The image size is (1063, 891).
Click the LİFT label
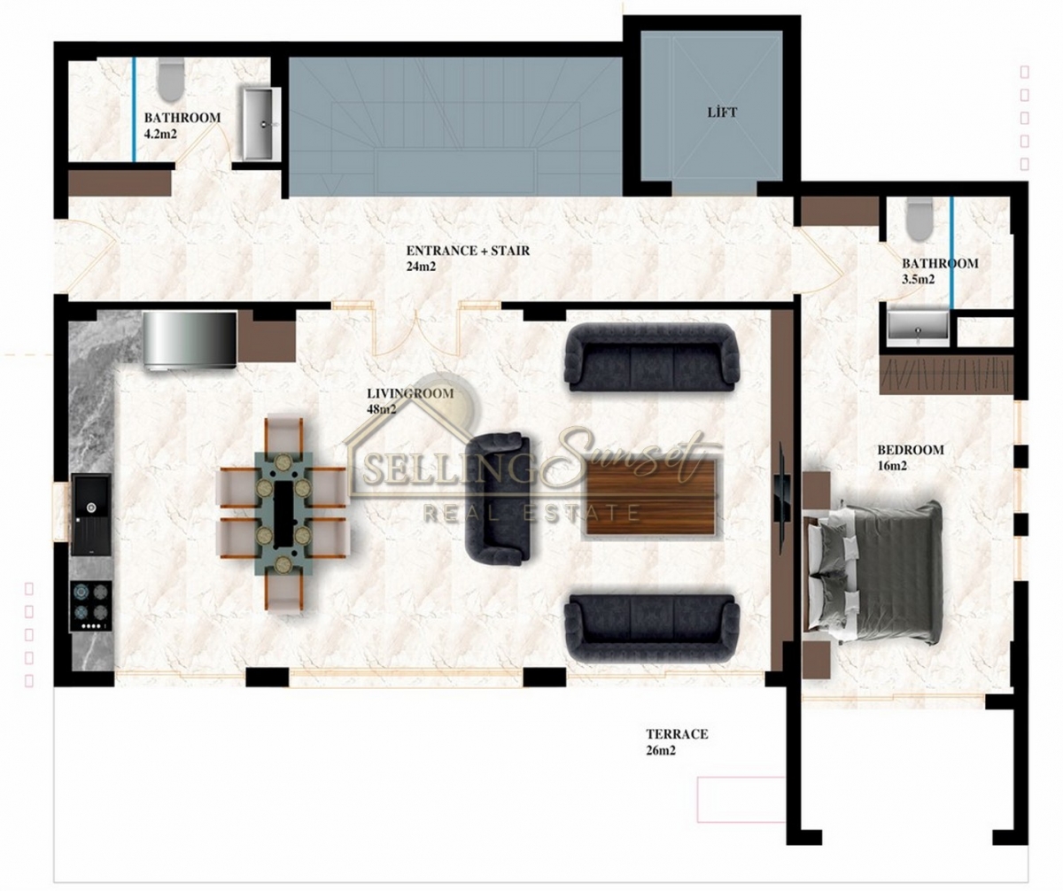coord(722,112)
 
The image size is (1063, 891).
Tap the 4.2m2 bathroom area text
coord(160,134)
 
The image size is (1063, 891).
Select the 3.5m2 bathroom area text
coord(918,280)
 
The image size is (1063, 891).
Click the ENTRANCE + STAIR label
coord(468,251)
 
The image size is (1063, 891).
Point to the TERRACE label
coord(677,733)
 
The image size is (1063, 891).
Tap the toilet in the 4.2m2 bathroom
coord(170,79)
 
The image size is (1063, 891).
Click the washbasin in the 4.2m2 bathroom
coord(260,123)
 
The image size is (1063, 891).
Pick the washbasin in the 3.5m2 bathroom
coord(919,325)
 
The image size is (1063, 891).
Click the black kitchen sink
coord(91,515)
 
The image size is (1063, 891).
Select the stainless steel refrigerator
coord(190,338)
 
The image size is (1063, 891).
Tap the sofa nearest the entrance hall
coord(652,358)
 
